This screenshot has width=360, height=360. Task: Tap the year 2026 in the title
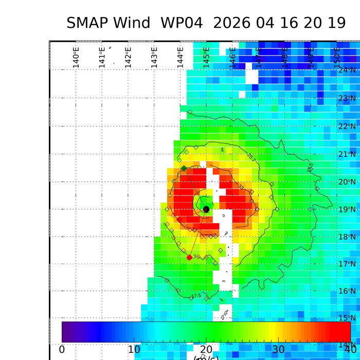(234, 23)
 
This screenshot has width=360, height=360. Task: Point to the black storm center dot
(206, 209)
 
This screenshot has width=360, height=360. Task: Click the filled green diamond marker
(184, 168)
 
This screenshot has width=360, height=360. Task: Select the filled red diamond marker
(189, 257)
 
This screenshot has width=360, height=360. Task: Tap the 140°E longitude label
(76, 57)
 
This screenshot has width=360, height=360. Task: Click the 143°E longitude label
(154, 57)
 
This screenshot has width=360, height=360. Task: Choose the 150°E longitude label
(337, 57)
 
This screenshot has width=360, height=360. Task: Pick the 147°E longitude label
(259, 57)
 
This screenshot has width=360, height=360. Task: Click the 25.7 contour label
(250, 155)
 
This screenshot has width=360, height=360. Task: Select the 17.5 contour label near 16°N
(196, 296)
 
